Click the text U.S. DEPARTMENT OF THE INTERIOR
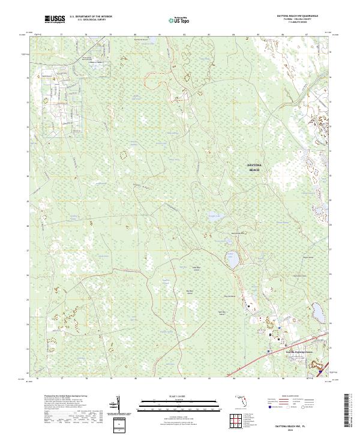(91, 17)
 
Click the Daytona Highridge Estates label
(283, 352)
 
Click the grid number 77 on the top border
(62, 35)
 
